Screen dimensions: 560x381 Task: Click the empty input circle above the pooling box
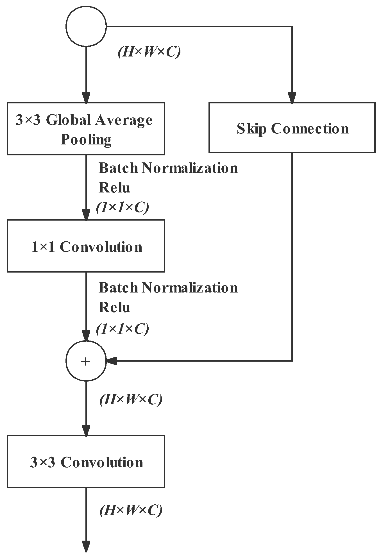pos(86,26)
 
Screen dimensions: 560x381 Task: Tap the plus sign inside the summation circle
pos(85,361)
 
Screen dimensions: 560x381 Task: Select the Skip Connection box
pos(292,128)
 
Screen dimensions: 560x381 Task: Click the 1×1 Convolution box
pos(86,246)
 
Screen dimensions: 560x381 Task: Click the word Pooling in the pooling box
pos(86,139)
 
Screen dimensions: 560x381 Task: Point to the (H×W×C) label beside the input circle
pos(149,52)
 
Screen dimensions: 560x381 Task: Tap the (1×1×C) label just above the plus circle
pos(122,328)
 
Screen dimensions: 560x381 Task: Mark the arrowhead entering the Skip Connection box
pos(292,98)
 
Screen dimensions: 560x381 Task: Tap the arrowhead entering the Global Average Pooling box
pos(86,98)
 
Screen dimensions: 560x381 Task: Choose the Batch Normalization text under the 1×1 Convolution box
pos(168,288)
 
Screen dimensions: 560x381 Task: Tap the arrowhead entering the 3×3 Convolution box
pos(86,430)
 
